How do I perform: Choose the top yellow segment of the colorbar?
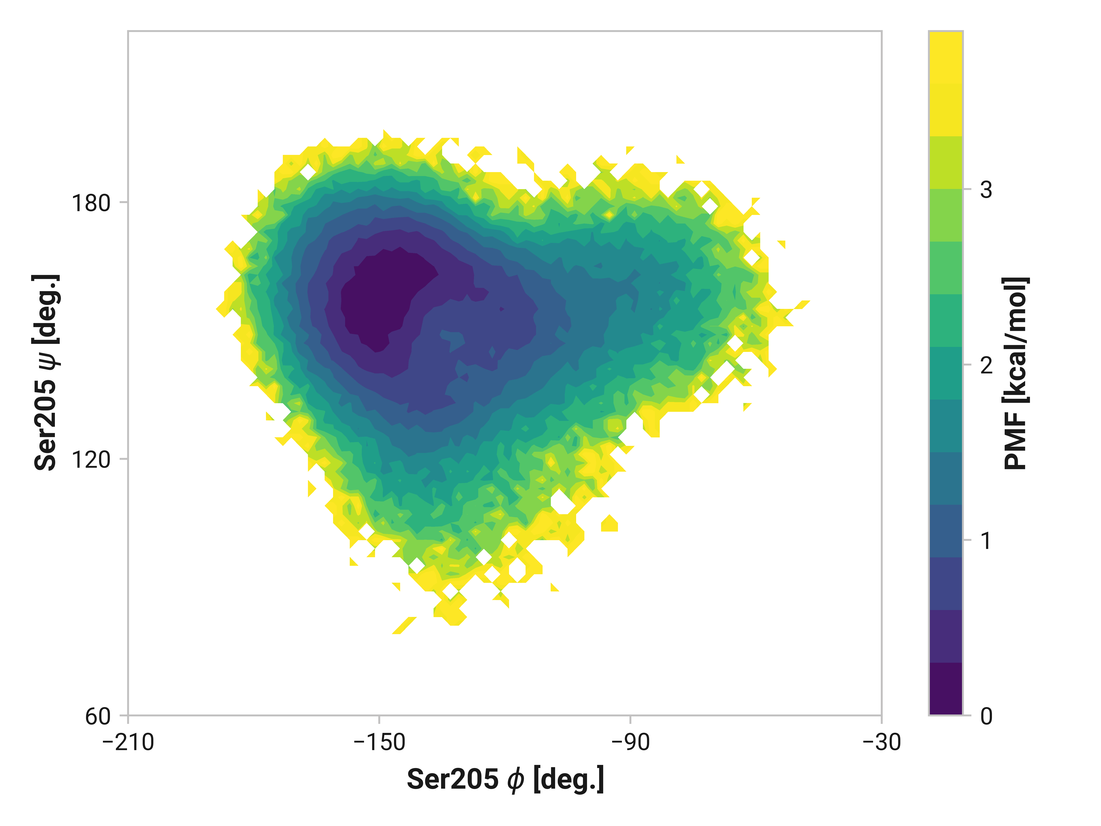click(946, 84)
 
